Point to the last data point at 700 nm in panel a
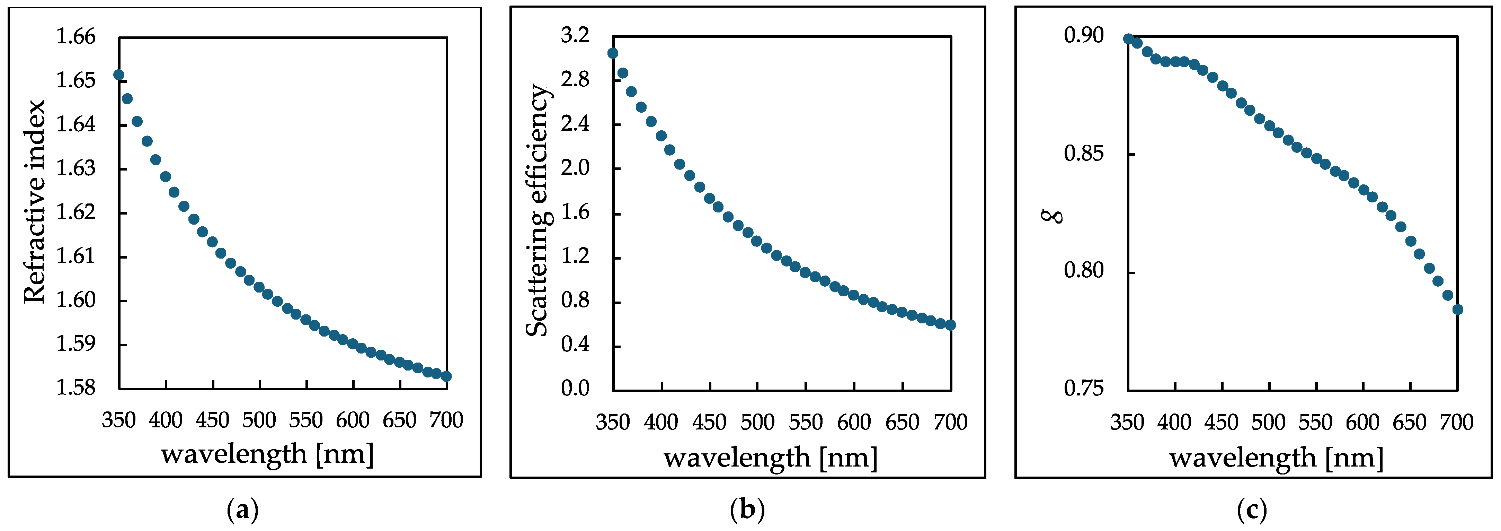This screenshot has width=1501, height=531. coord(446,376)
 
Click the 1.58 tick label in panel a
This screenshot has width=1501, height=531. coord(76,388)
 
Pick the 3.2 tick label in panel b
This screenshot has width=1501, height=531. coord(575,36)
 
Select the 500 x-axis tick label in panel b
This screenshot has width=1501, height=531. coord(757,422)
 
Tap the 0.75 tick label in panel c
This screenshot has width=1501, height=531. coord(1084,388)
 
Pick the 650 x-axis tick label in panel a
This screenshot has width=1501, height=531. coord(400,420)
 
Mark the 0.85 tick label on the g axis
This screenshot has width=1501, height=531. coord(1084,154)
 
